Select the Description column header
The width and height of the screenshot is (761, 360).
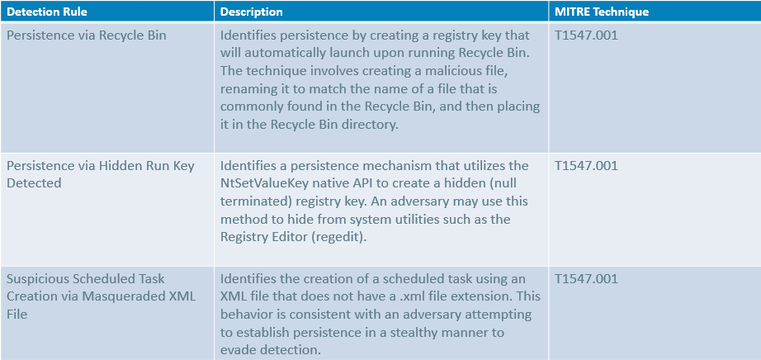click(251, 12)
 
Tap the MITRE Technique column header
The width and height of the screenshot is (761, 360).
click(603, 12)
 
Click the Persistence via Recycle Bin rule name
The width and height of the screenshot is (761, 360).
click(87, 36)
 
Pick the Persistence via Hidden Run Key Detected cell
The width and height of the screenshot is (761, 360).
click(101, 174)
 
